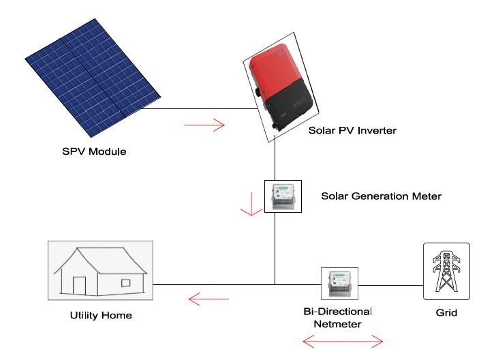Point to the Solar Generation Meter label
(x=381, y=196)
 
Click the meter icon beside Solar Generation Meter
(x=282, y=196)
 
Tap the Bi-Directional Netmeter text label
(x=337, y=317)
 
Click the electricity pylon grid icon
(x=446, y=271)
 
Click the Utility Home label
(x=101, y=315)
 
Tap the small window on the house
(x=126, y=282)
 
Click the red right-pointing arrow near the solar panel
(x=204, y=125)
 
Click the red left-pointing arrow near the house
(x=208, y=298)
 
